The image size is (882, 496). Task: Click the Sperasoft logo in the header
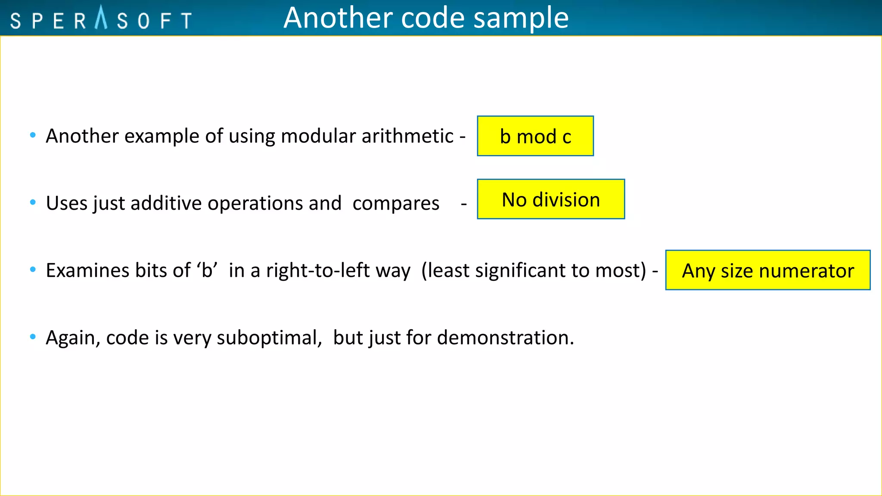[101, 19]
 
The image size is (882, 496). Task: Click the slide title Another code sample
[426, 18]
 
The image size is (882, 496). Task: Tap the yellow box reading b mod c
[535, 136]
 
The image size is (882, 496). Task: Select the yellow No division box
[551, 199]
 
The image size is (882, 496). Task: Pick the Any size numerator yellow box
[768, 270]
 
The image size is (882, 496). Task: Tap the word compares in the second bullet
[396, 203]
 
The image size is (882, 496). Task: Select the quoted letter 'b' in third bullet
[207, 270]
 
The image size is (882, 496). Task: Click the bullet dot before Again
[33, 337]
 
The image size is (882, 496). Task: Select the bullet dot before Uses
[33, 202]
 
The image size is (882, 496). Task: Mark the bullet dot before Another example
[33, 135]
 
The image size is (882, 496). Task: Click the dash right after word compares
[463, 204]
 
